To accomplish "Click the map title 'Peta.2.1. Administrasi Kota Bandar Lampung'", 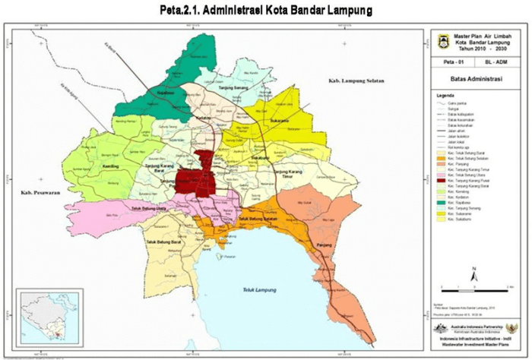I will [266, 11].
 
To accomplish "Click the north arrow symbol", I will [473, 272].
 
